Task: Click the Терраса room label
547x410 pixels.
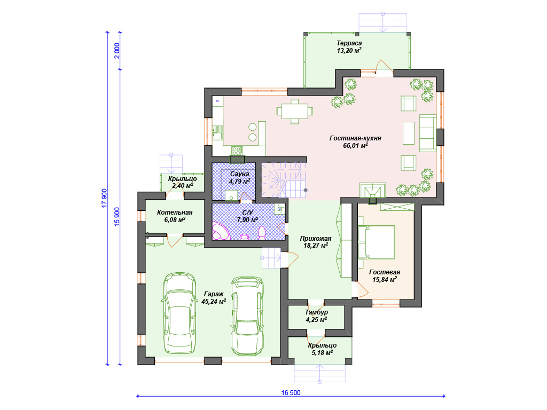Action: tap(349, 43)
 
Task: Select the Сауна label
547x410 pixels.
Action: tap(240, 174)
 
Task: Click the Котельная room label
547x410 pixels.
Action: tap(175, 212)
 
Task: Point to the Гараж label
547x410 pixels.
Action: tap(214, 294)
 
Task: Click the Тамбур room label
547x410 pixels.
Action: tap(316, 312)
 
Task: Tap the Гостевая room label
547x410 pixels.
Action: tap(385, 272)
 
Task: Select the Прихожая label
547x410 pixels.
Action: tap(316, 239)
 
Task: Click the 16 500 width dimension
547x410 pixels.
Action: tap(291, 392)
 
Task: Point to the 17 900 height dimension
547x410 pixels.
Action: tap(104, 199)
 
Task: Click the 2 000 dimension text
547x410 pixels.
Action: tap(117, 51)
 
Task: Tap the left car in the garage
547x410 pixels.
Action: tap(179, 313)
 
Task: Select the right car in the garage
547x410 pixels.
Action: tap(247, 316)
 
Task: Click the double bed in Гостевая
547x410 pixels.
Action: tap(377, 242)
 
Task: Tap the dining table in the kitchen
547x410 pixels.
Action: tap(295, 111)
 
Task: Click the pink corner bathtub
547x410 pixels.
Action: tap(221, 231)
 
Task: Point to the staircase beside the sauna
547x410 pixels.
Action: tap(284, 180)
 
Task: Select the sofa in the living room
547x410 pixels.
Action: tap(428, 133)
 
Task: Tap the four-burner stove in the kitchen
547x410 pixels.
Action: tap(237, 151)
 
